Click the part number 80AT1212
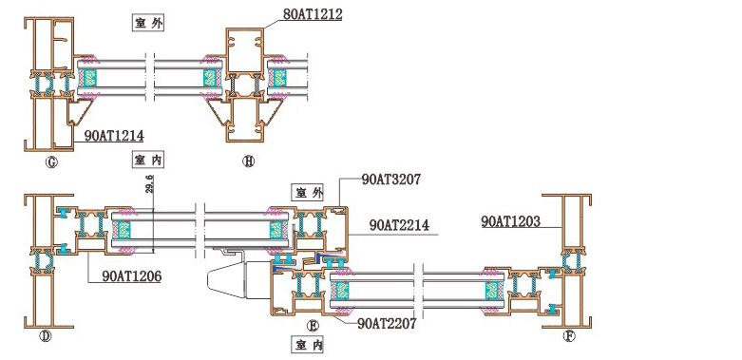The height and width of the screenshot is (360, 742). pyautogui.click(x=313, y=14)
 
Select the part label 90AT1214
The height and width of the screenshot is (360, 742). pyautogui.click(x=114, y=136)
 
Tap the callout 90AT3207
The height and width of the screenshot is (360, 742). pyautogui.click(x=391, y=180)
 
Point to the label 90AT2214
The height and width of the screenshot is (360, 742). pyautogui.click(x=399, y=225)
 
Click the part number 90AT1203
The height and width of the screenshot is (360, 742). pyautogui.click(x=510, y=221)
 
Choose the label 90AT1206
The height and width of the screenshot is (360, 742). pyautogui.click(x=131, y=275)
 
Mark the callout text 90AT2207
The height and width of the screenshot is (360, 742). pyautogui.click(x=387, y=324)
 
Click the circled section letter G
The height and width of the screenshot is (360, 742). pyautogui.click(x=51, y=162)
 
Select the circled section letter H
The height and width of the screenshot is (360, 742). pyautogui.click(x=248, y=161)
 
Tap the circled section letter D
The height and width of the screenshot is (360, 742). pyautogui.click(x=46, y=336)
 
